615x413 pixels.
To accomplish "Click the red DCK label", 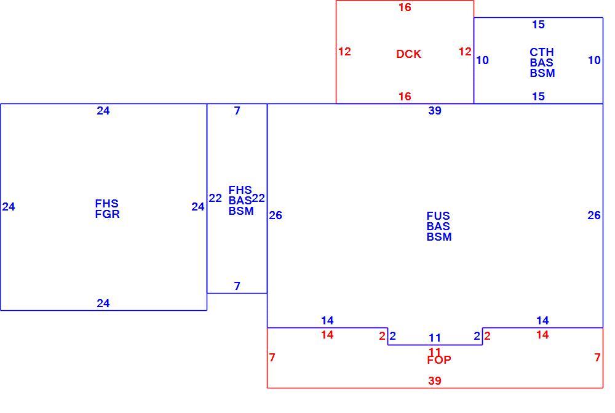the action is [409, 54].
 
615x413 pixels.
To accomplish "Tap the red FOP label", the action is [439, 359].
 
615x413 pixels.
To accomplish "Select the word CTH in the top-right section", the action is [542, 52].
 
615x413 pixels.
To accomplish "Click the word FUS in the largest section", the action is [438, 216].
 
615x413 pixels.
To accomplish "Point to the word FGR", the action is [107, 214].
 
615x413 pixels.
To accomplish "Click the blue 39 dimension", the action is [435, 111].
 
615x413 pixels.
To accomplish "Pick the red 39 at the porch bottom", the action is [435, 380].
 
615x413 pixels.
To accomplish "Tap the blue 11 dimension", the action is [435, 338].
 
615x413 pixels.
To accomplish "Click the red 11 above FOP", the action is [435, 351].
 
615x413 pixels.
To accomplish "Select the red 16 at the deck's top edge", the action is [405, 7].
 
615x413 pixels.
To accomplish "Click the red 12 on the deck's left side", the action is [344, 52].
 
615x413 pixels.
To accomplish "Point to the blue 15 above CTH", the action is [538, 25].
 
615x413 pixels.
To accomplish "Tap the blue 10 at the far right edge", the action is [594, 60].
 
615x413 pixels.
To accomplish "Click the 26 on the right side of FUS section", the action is [594, 215].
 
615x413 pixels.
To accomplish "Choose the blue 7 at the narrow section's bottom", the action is [237, 286].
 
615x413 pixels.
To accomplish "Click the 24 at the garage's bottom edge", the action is [103, 303].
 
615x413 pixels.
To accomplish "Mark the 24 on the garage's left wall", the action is [9, 207].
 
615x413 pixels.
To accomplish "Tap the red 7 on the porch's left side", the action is [272, 357].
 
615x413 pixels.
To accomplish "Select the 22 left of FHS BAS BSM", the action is [215, 198].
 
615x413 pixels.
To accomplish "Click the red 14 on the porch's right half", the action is [542, 335].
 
